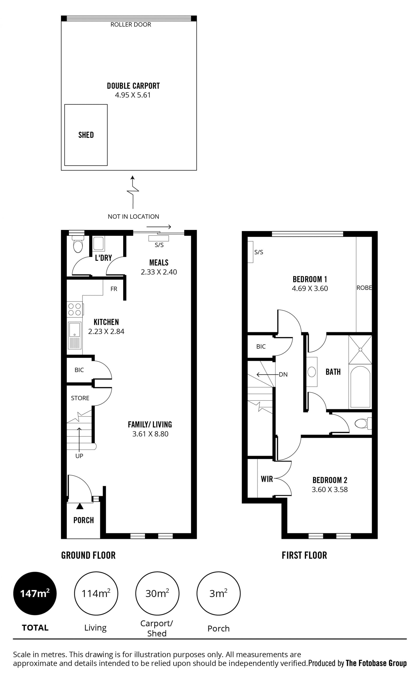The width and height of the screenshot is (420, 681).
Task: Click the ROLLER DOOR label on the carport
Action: coord(131,25)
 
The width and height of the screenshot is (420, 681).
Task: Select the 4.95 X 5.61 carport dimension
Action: coord(133,95)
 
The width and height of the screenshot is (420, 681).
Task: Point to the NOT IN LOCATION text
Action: coord(133,217)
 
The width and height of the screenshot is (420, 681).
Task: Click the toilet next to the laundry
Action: coord(78,244)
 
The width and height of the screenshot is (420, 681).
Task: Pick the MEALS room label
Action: coord(159,263)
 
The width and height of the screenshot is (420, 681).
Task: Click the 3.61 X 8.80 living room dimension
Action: coord(150,434)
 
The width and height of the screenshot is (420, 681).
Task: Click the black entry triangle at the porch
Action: coord(80,506)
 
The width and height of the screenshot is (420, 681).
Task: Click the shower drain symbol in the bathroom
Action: coord(360,350)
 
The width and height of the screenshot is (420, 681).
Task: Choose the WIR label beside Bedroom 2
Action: coord(267,479)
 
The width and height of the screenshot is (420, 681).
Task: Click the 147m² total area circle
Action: coord(35,593)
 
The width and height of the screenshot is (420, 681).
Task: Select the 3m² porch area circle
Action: coord(218,593)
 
